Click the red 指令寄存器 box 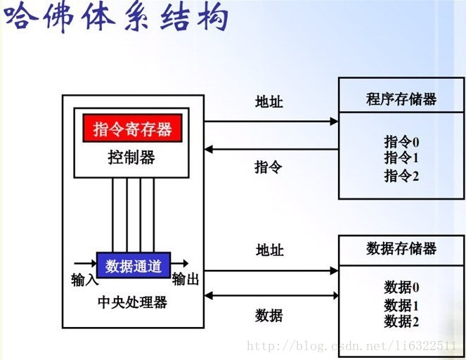133,128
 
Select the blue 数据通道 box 134,265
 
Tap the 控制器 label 131,157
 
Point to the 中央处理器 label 133,302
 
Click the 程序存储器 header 401,99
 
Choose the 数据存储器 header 401,248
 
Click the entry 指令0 401,141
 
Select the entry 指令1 401,157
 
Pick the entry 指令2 401,175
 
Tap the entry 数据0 401,287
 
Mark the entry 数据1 401,305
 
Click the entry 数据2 401,321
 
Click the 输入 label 85,280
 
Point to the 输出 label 186,279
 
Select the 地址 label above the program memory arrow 269,102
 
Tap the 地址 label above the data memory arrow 270,250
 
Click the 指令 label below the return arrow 268,167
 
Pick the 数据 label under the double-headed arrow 268,316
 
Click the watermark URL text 352,346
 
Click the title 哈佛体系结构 117,17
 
